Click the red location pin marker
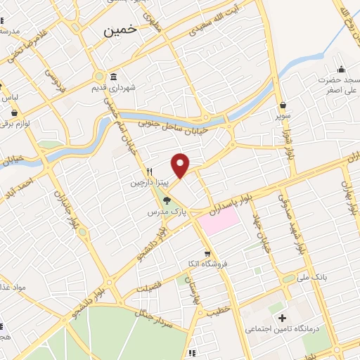pyautogui.click(x=181, y=165)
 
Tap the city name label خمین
pyautogui.click(x=119, y=31)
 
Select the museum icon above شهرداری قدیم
pyautogui.click(x=114, y=77)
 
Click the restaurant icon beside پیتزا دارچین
pyautogui.click(x=149, y=172)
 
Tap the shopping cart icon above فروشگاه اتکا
pyautogui.click(x=207, y=254)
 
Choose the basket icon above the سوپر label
pyautogui.click(x=282, y=105)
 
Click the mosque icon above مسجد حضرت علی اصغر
pyautogui.click(x=342, y=69)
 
